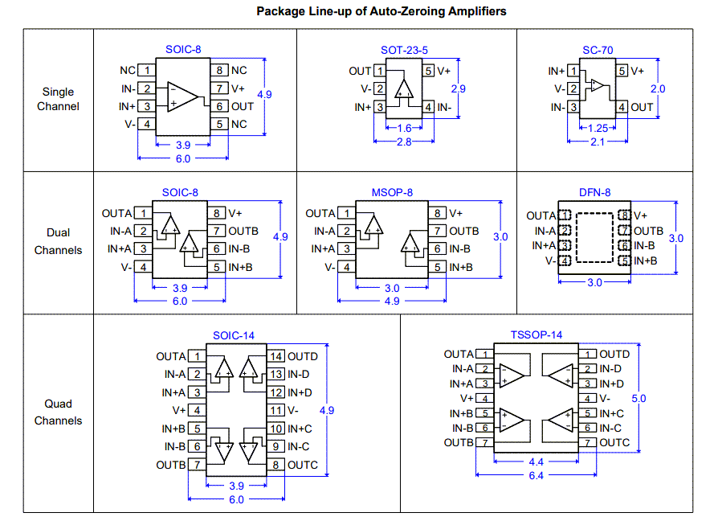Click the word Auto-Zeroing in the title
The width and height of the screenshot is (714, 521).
[x=427, y=11]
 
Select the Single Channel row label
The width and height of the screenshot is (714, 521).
[x=58, y=99]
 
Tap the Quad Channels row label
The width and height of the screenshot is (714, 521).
[x=58, y=412]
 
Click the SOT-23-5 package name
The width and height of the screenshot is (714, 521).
[x=404, y=50]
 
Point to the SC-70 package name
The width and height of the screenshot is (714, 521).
[x=598, y=50]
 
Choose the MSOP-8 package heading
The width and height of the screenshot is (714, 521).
[x=392, y=193]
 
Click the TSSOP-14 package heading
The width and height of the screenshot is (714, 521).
[x=537, y=334]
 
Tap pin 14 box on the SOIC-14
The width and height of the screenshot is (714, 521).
[x=276, y=356]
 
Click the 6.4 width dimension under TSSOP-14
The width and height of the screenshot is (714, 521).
[x=537, y=476]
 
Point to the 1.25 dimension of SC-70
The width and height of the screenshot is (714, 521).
[x=598, y=128]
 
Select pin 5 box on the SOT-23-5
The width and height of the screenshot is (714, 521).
[x=429, y=71]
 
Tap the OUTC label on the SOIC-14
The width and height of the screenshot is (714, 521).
[x=303, y=465]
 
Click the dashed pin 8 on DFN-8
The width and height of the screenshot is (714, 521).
[x=625, y=215]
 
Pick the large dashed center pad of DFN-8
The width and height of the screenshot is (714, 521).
[x=595, y=238]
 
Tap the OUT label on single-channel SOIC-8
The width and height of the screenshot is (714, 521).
[x=243, y=106]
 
